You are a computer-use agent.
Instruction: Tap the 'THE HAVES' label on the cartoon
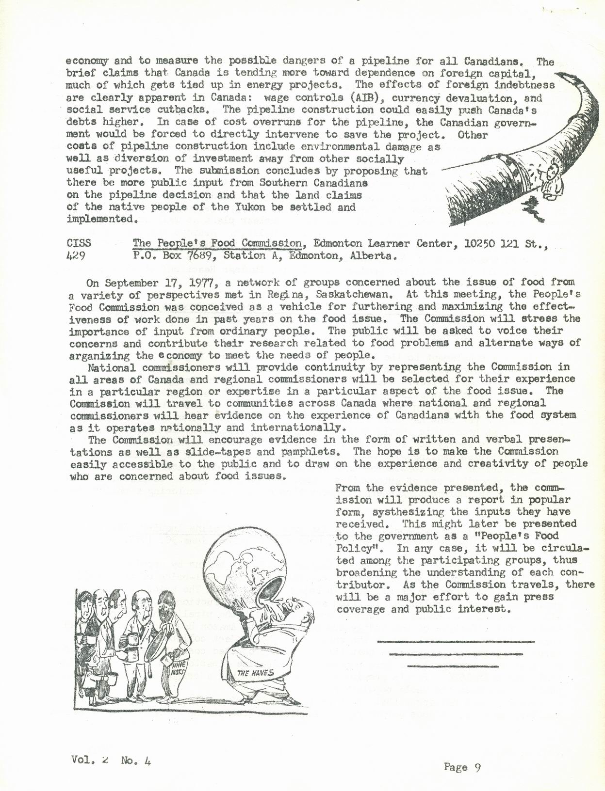tap(256, 673)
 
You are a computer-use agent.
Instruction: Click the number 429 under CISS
tap(76, 256)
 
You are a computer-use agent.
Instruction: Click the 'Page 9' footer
tap(462, 767)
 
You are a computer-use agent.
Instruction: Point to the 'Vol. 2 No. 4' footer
tap(111, 760)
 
